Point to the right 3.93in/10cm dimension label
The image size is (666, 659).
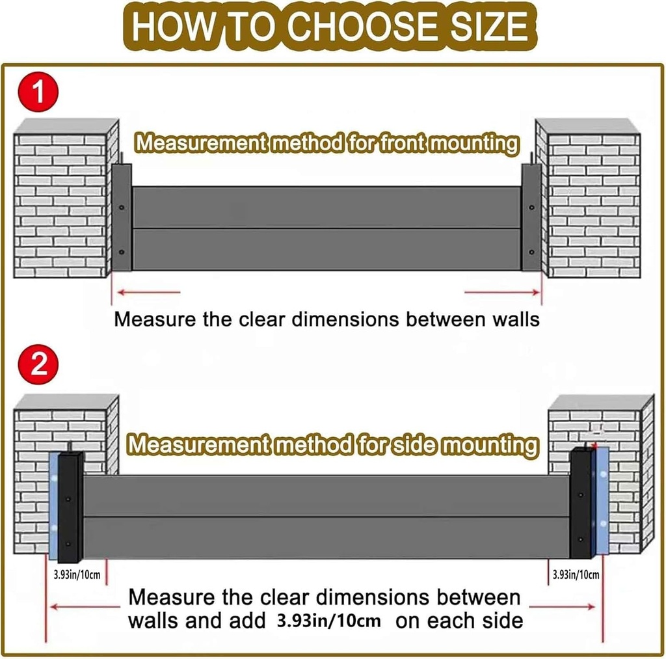[x=576, y=574]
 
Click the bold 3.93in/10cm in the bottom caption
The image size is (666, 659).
[x=328, y=620]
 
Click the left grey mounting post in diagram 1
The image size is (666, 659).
[x=122, y=217]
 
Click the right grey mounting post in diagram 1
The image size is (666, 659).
[x=531, y=217]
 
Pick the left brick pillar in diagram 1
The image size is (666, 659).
[x=62, y=202]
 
